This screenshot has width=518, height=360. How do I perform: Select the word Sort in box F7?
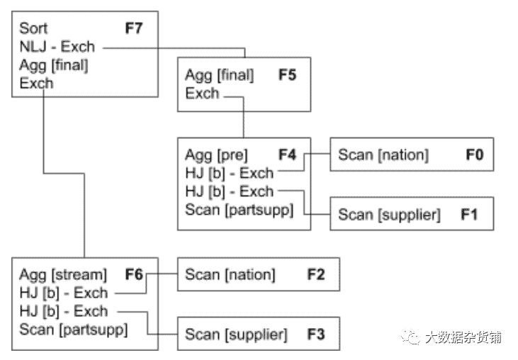[x=33, y=28]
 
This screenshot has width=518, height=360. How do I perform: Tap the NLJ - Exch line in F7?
[x=57, y=47]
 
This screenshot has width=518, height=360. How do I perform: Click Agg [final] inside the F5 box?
[x=220, y=74]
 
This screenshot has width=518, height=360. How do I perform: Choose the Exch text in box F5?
[x=202, y=93]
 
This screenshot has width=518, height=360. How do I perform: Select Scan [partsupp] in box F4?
[x=239, y=210]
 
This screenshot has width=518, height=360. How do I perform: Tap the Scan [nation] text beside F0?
[x=383, y=154]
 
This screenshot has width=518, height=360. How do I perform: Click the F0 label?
[x=474, y=154]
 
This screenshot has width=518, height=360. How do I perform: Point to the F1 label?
[x=469, y=214]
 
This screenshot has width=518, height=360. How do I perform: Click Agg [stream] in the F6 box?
[x=62, y=274]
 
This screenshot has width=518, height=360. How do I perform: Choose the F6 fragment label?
[x=134, y=274]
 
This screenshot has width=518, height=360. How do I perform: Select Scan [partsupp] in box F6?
[x=74, y=330]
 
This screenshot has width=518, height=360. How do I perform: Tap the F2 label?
[x=315, y=274]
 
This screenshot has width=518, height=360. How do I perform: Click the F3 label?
[x=315, y=334]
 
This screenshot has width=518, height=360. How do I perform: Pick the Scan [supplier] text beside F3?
[x=236, y=334]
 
